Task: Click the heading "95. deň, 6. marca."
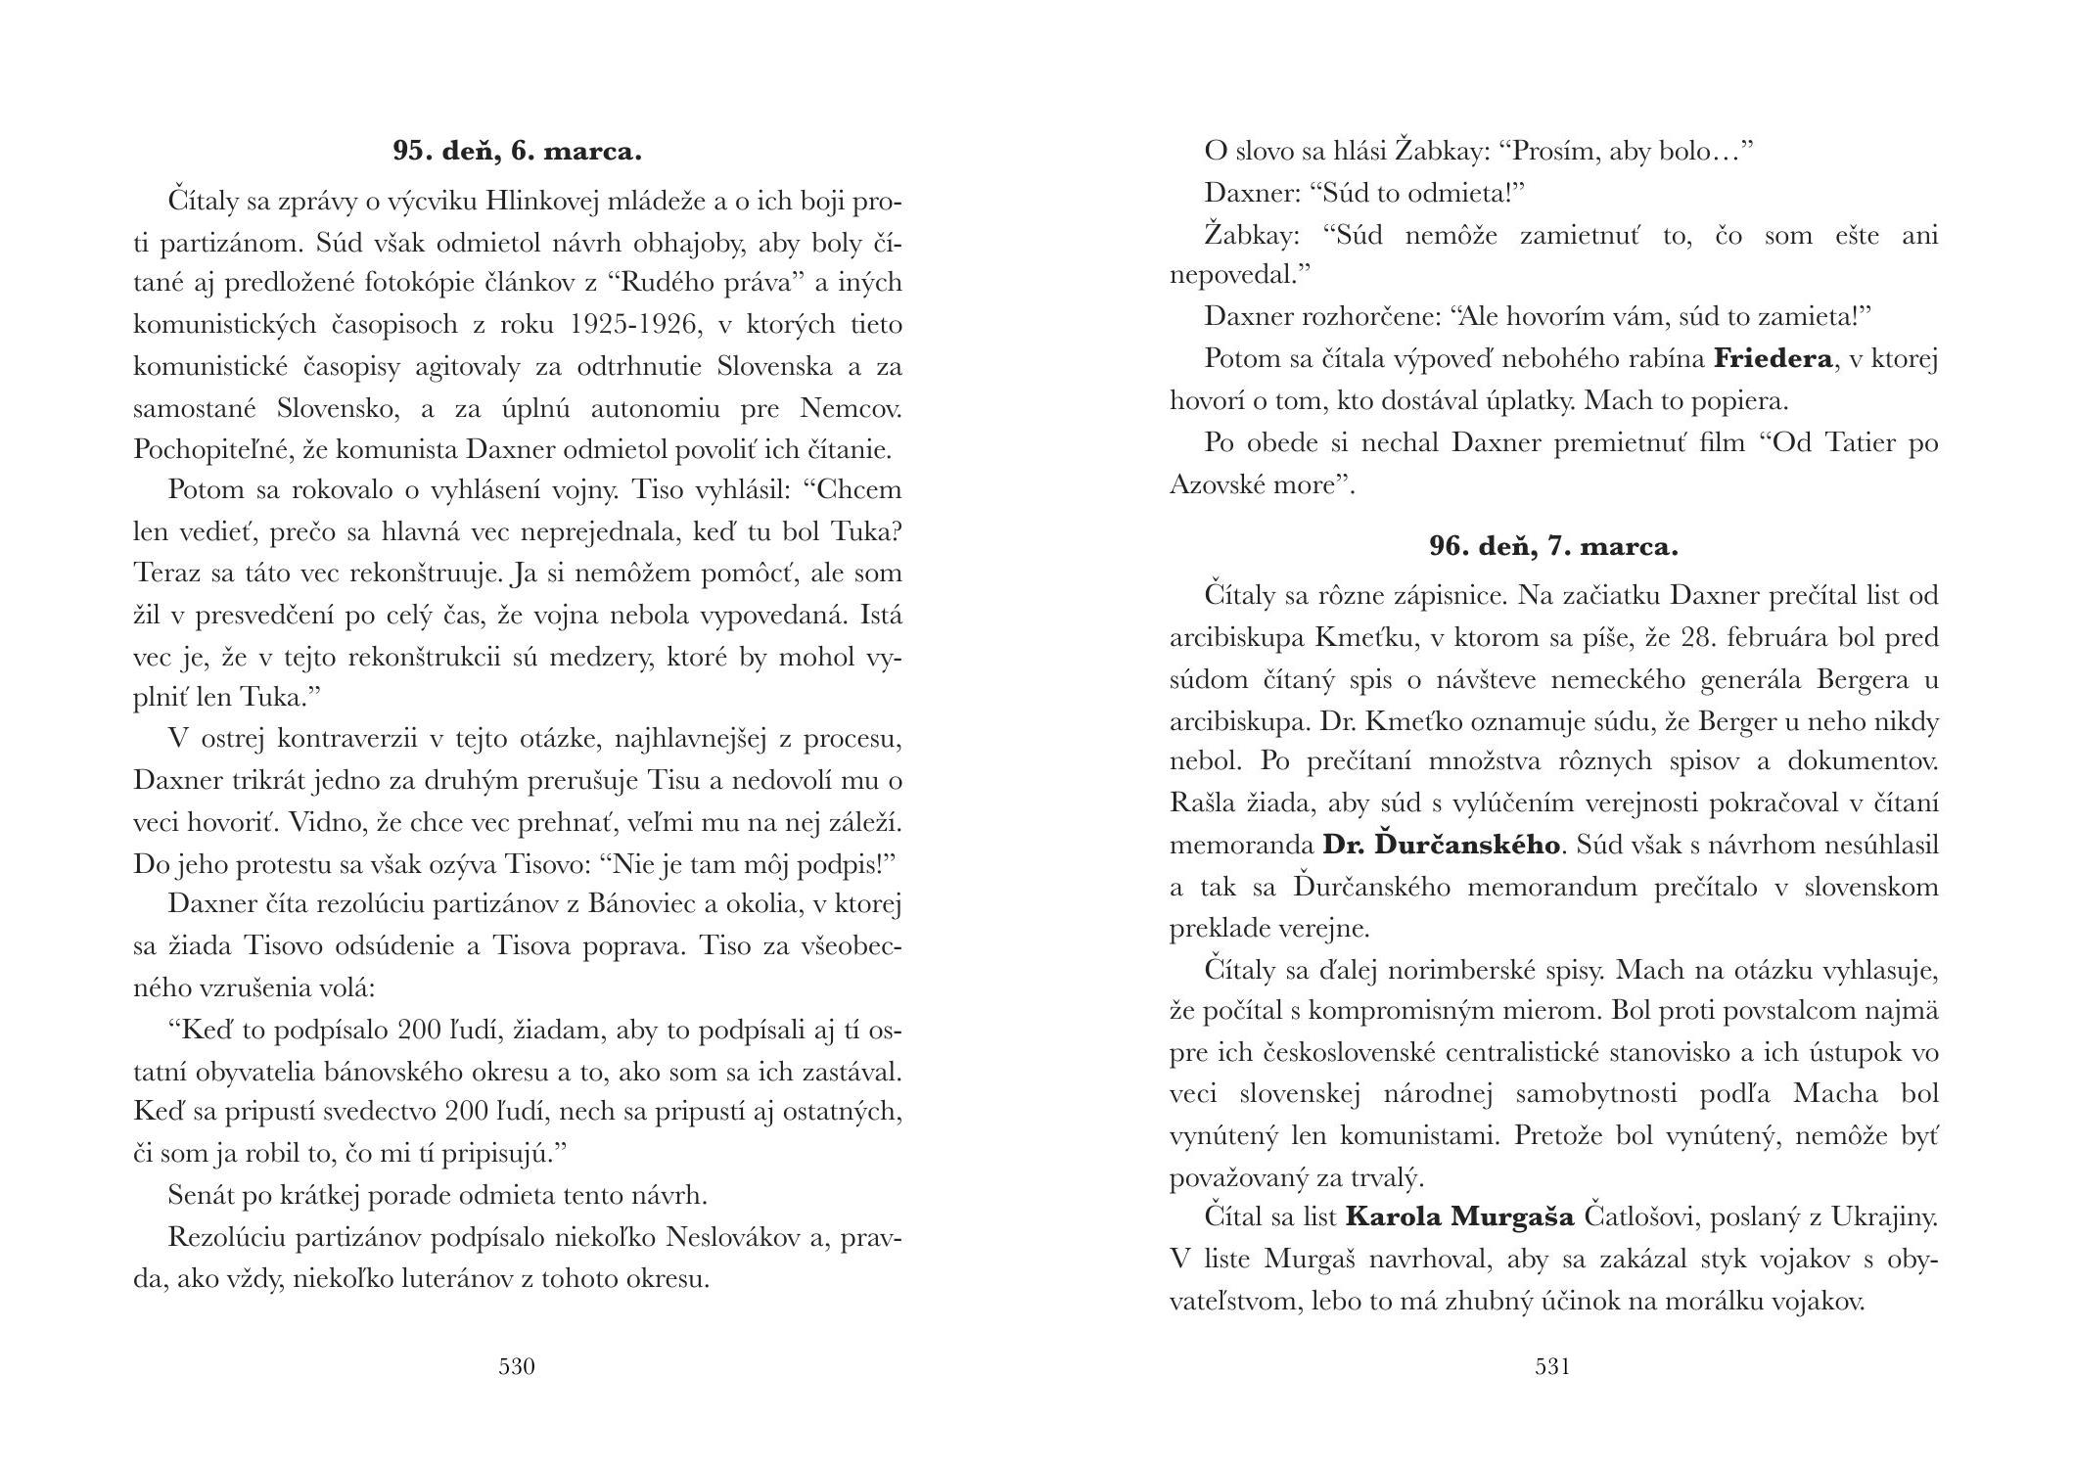[517, 152]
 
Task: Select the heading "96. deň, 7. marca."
[1553, 547]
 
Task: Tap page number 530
[517, 1366]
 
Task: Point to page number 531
[1553, 1366]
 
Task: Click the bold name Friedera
[1773, 359]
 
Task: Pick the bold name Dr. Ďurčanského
[1441, 845]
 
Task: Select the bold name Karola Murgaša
[1459, 1218]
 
